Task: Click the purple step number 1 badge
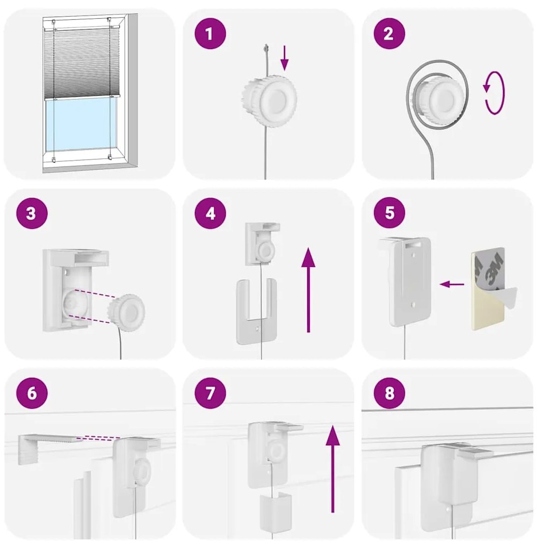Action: (x=210, y=34)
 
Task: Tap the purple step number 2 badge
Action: (x=389, y=34)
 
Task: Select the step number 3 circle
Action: (x=32, y=213)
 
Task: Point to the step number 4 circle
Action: (x=210, y=213)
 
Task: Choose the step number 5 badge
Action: (x=389, y=213)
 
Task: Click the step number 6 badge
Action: (x=32, y=393)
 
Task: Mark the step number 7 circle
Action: (x=210, y=393)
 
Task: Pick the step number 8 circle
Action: (x=389, y=393)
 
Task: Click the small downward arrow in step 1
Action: (x=285, y=58)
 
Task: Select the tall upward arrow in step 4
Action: (x=308, y=290)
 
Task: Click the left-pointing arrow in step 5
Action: (x=452, y=284)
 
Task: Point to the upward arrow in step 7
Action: (x=333, y=469)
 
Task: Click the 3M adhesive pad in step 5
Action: (x=488, y=289)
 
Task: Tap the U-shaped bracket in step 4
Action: (x=257, y=311)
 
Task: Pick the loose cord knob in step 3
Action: (x=126, y=313)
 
